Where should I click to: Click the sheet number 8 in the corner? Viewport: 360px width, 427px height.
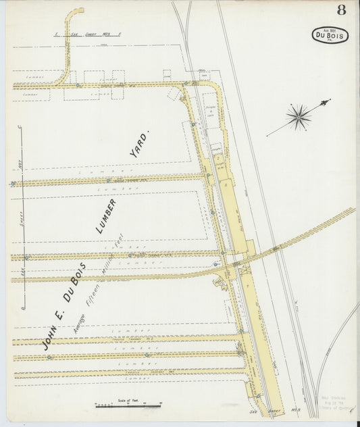[x=342, y=9]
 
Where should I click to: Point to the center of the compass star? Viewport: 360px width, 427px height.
[x=298, y=117]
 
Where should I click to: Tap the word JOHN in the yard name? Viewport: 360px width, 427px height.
[x=49, y=336]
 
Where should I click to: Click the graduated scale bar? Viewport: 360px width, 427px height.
[x=128, y=405]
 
